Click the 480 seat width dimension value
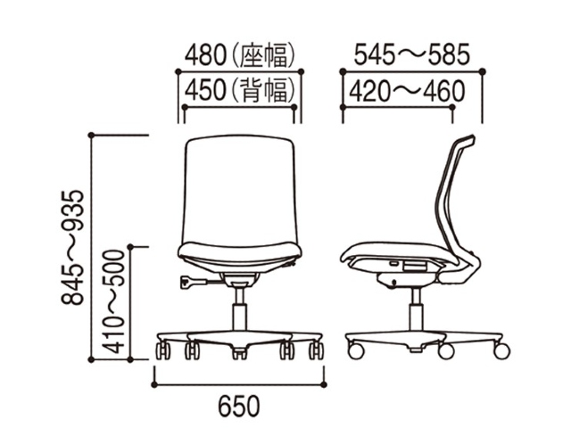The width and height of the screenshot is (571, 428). [206, 55]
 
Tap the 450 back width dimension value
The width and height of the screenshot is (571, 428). [206, 91]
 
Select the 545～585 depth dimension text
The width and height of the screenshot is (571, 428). [412, 55]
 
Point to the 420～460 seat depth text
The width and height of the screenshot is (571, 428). [407, 91]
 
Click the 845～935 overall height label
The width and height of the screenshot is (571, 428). [72, 247]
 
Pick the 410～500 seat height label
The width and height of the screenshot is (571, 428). [113, 301]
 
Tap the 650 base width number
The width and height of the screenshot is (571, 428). [239, 407]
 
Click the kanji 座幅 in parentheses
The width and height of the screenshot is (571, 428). [263, 55]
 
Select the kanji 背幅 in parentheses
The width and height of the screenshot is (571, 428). [263, 91]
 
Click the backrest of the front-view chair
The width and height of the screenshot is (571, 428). [240, 189]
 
